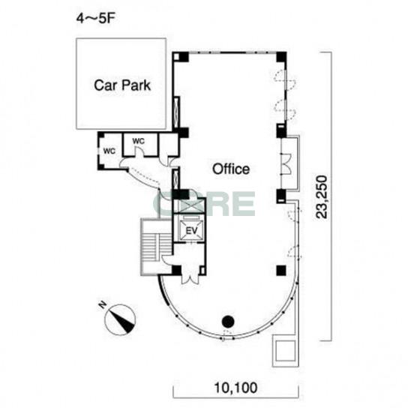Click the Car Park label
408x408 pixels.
coord(122,85)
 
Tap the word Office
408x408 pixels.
coord(231,169)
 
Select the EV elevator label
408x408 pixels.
coord(191,230)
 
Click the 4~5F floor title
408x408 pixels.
coord(95,19)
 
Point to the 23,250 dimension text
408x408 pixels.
coord(321,197)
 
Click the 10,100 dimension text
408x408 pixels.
coord(235,388)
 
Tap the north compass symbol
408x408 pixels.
coord(120,319)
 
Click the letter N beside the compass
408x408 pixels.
coord(103,304)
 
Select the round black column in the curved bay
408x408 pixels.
coord(228,322)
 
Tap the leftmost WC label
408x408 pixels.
coord(109,151)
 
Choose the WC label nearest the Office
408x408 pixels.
coord(139,141)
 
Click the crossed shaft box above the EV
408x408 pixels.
coord(190,206)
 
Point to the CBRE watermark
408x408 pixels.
coord(204,204)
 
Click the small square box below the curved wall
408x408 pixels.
coord(285,351)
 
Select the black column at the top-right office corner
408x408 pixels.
coord(281,57)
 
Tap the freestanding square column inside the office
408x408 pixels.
coord(281,270)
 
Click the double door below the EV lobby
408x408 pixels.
coord(190,275)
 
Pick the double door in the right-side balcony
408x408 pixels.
coord(286,164)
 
